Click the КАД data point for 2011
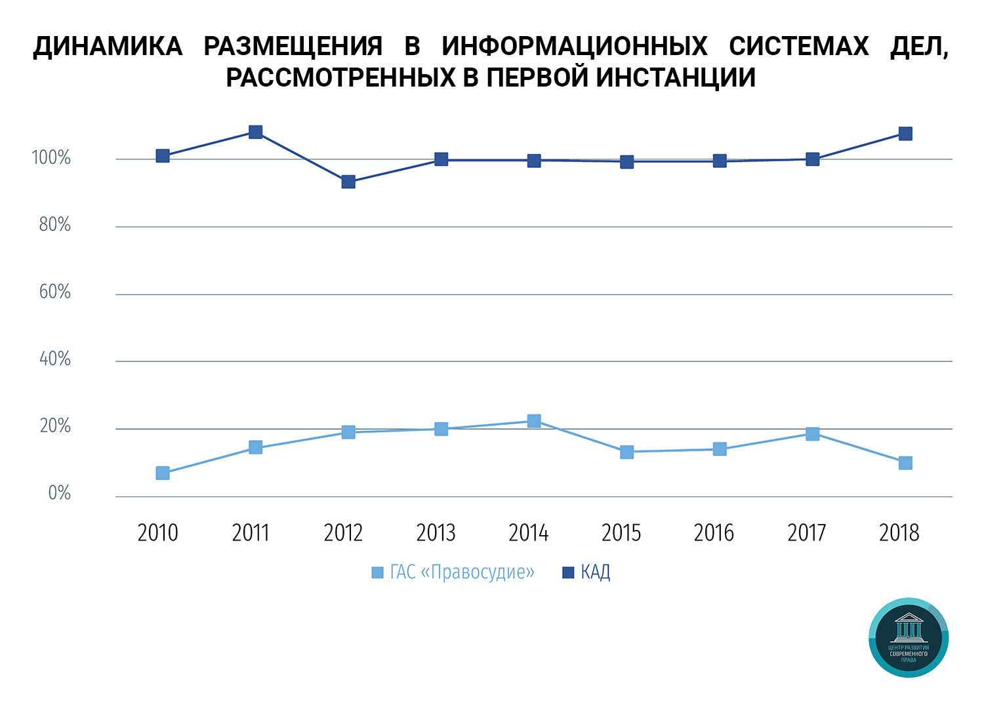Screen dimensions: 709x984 pyautogui.click(x=256, y=132)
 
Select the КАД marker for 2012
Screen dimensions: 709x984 pyautogui.click(x=348, y=182)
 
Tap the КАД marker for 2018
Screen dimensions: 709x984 pyautogui.click(x=905, y=134)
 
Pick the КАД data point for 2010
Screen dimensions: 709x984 pyautogui.click(x=163, y=155)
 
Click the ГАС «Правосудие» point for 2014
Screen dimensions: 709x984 pyautogui.click(x=534, y=421)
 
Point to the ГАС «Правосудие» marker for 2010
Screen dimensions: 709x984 pyautogui.click(x=163, y=473)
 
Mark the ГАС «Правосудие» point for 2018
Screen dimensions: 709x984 pyautogui.click(x=905, y=463)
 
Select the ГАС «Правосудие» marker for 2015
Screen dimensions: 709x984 pyautogui.click(x=627, y=452)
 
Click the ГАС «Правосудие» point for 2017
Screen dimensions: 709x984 pyautogui.click(x=813, y=434)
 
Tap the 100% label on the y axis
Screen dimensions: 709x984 pyautogui.click(x=51, y=158)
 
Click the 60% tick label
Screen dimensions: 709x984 pyautogui.click(x=54, y=292)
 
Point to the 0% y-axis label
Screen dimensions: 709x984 pyautogui.click(x=59, y=493)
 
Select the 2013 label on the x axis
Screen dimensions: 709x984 pyautogui.click(x=436, y=533)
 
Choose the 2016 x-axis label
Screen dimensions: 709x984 pyautogui.click(x=714, y=533)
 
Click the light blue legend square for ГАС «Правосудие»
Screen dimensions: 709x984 pyautogui.click(x=377, y=573)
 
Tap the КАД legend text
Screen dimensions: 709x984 pyautogui.click(x=596, y=573)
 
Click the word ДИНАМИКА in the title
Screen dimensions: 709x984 pyautogui.click(x=108, y=47)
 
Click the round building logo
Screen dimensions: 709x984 pyautogui.click(x=909, y=637)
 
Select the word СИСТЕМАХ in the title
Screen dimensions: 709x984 pyautogui.click(x=798, y=47)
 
